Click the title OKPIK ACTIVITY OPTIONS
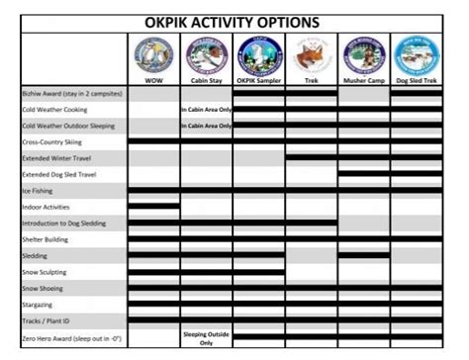[234, 18]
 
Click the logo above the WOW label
[153, 55]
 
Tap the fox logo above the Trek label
[311, 55]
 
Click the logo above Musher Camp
[363, 55]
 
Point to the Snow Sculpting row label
[47, 272]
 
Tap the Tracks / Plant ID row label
[49, 320]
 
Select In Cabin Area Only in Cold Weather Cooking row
[206, 110]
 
